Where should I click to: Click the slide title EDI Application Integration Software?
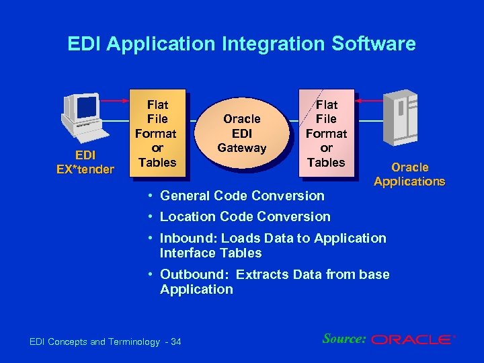point(241,44)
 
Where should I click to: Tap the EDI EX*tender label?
point(85,162)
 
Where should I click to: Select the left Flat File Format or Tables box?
point(157,133)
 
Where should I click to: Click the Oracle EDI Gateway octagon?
point(241,133)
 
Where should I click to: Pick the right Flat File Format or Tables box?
point(326,133)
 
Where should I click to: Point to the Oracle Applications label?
point(409,174)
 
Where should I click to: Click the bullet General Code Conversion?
point(241,196)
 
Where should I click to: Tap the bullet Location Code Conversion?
point(245,216)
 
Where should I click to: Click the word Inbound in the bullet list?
point(184,238)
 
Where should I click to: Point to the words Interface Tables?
point(210,253)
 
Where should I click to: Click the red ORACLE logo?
point(412,340)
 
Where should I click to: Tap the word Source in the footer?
point(344,339)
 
